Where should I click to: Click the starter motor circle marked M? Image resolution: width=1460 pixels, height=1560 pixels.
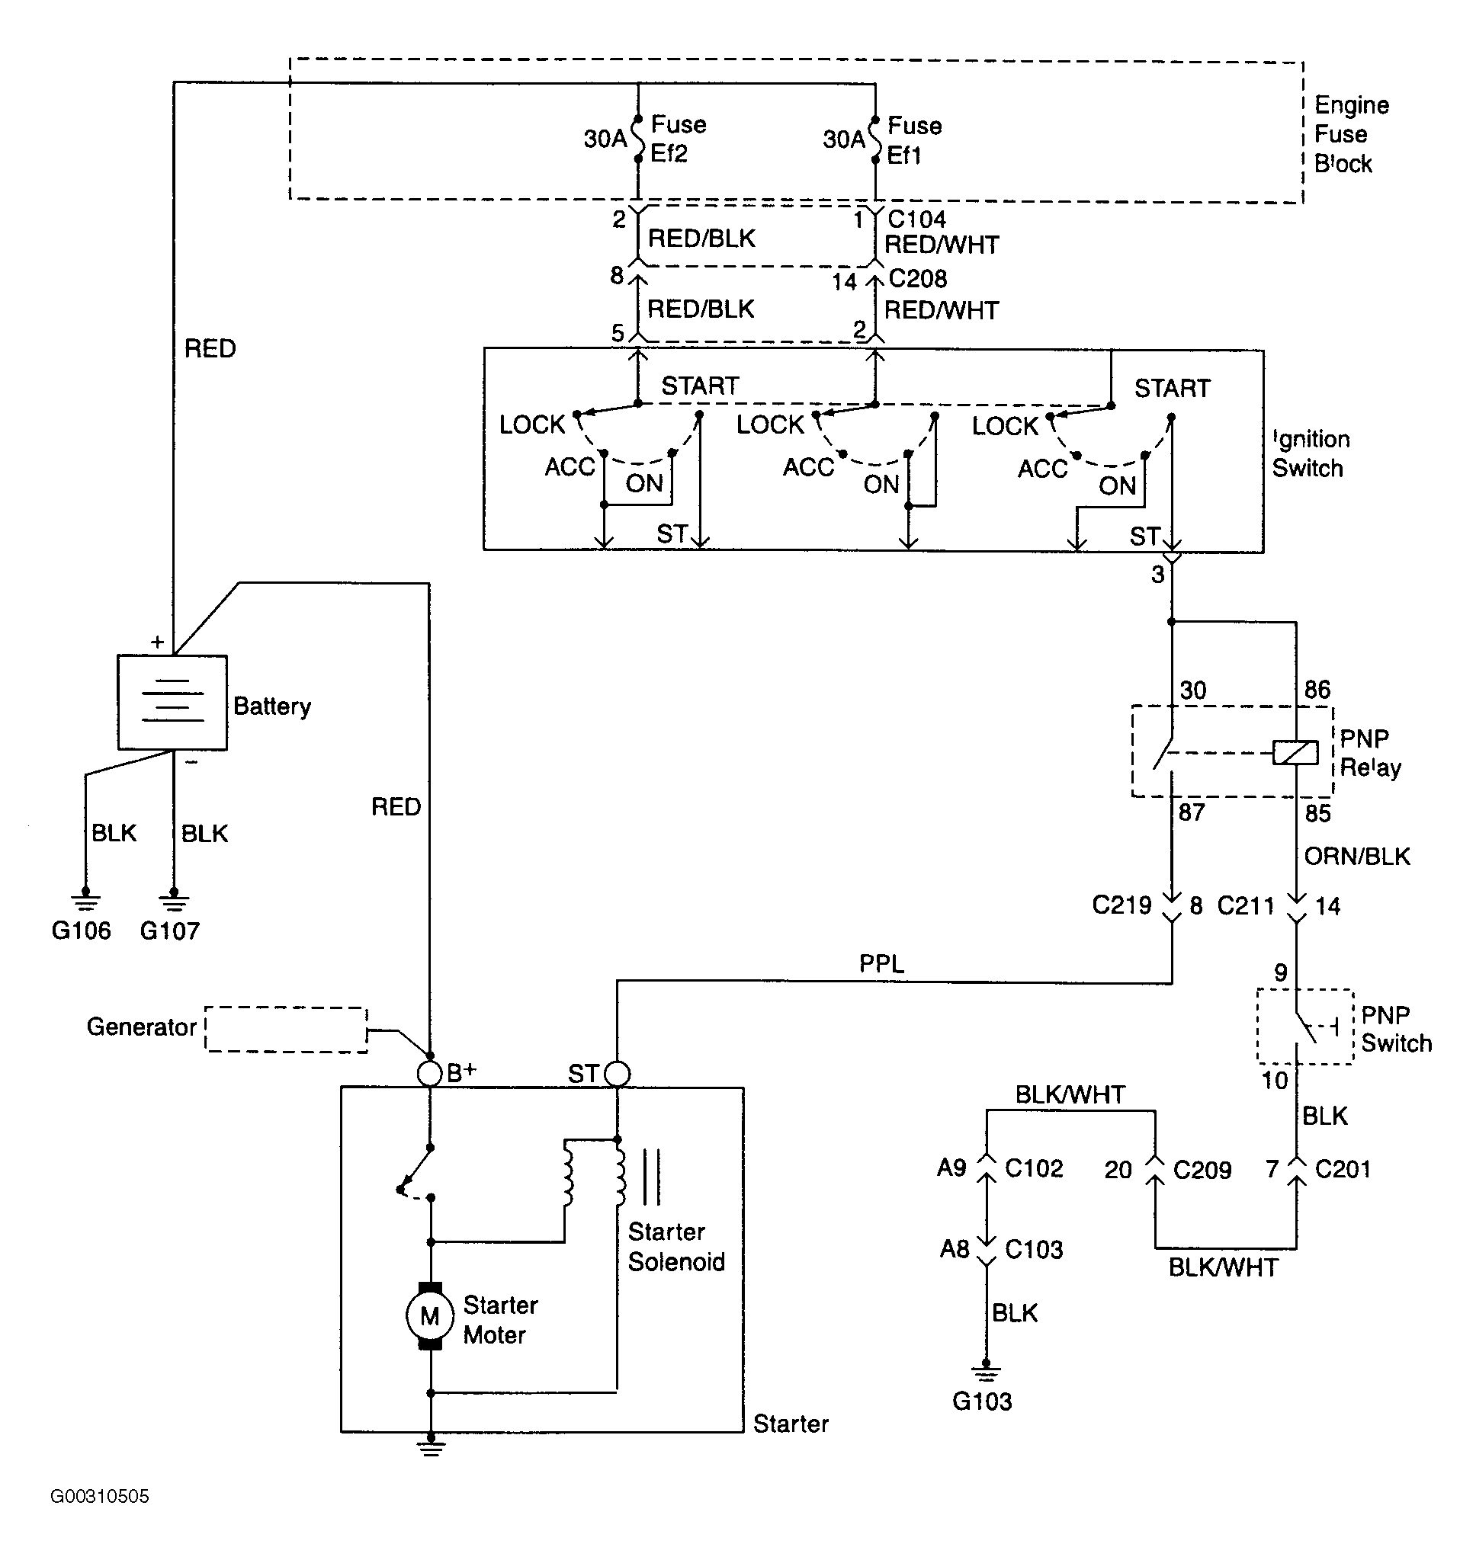429,1316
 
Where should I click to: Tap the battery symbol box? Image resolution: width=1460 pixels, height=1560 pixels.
172,703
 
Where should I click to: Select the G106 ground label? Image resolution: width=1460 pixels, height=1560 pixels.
81,931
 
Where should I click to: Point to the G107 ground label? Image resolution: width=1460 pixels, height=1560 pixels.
169,931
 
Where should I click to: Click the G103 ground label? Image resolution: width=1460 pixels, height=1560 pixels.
982,1401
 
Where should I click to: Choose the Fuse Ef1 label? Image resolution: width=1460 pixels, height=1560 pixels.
914,140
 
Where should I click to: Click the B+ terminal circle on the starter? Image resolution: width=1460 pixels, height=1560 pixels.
429,1074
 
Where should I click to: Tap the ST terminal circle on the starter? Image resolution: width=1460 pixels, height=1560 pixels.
617,1074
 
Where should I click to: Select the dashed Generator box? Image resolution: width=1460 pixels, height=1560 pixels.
287,1030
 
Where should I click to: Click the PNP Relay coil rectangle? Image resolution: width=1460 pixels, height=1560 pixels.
1295,752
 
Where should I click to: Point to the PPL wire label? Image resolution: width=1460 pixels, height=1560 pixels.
881,963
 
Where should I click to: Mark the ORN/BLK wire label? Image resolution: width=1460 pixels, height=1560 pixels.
1357,856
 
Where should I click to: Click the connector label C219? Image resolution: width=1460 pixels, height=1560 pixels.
1121,905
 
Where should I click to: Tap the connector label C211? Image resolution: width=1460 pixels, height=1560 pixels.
1246,906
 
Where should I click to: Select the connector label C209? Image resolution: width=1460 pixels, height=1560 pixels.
1202,1170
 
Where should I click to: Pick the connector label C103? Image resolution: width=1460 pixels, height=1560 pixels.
1034,1249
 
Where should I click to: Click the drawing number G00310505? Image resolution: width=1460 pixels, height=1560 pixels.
100,1497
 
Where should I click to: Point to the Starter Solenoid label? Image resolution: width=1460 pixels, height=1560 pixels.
675,1247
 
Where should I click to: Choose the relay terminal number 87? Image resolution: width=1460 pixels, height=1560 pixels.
1192,812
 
